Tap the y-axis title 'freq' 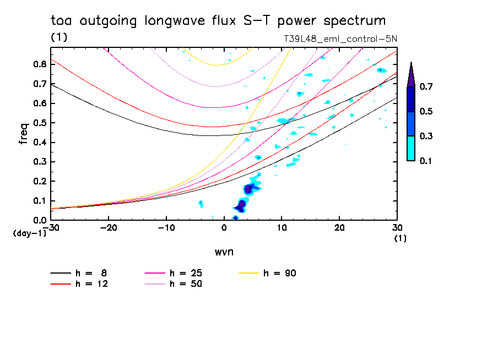click(24, 134)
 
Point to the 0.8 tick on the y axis click(40, 64)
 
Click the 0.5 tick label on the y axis click(40, 123)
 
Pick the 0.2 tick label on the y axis click(40, 181)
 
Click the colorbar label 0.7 click(426, 87)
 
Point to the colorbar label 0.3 click(426, 137)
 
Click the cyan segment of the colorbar click(411, 148)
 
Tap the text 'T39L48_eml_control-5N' click(340, 39)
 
